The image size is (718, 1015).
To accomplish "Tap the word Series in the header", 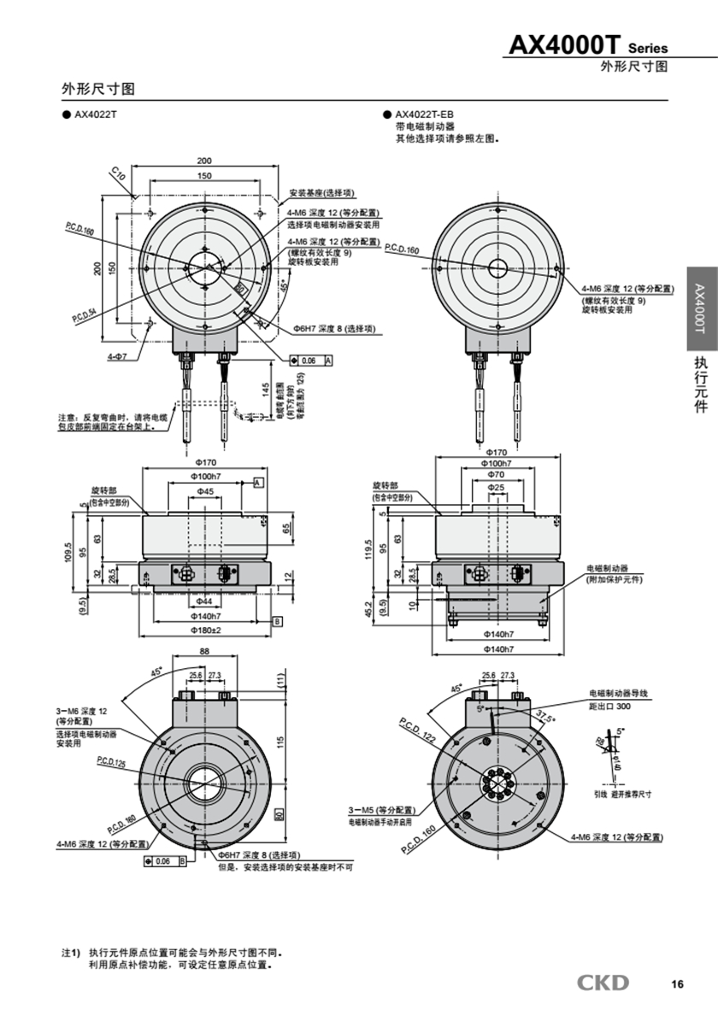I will tap(648, 49).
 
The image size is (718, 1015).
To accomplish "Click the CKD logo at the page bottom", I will tap(603, 983).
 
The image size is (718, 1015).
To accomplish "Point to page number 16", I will tap(677, 984).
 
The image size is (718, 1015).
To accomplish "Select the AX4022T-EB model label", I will tap(424, 114).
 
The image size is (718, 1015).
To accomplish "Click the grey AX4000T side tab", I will tap(700, 308).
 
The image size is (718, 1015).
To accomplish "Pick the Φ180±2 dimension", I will tap(204, 631).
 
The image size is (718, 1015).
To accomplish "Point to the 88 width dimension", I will tap(204, 651).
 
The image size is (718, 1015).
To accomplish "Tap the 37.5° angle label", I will tap(544, 714).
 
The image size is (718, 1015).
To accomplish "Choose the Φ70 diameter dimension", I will tap(496, 474).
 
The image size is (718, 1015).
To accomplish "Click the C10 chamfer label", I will tap(119, 175).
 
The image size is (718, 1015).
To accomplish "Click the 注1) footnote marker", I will tap(69, 952).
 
